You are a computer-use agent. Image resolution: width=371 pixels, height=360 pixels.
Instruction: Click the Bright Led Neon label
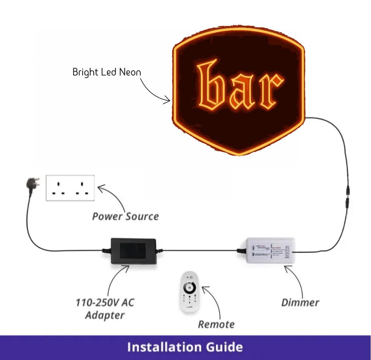click(x=106, y=72)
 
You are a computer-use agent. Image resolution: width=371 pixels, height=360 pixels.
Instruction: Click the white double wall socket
click(x=70, y=188)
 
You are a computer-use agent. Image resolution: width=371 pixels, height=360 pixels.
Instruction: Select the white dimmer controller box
click(x=270, y=250)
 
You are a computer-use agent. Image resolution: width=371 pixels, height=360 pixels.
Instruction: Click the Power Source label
click(x=125, y=216)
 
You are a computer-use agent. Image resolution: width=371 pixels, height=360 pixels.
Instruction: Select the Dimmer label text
click(x=300, y=302)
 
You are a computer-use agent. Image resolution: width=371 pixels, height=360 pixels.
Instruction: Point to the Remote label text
click(x=216, y=324)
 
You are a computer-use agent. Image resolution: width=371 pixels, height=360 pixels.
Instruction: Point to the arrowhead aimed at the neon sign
click(x=169, y=101)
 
